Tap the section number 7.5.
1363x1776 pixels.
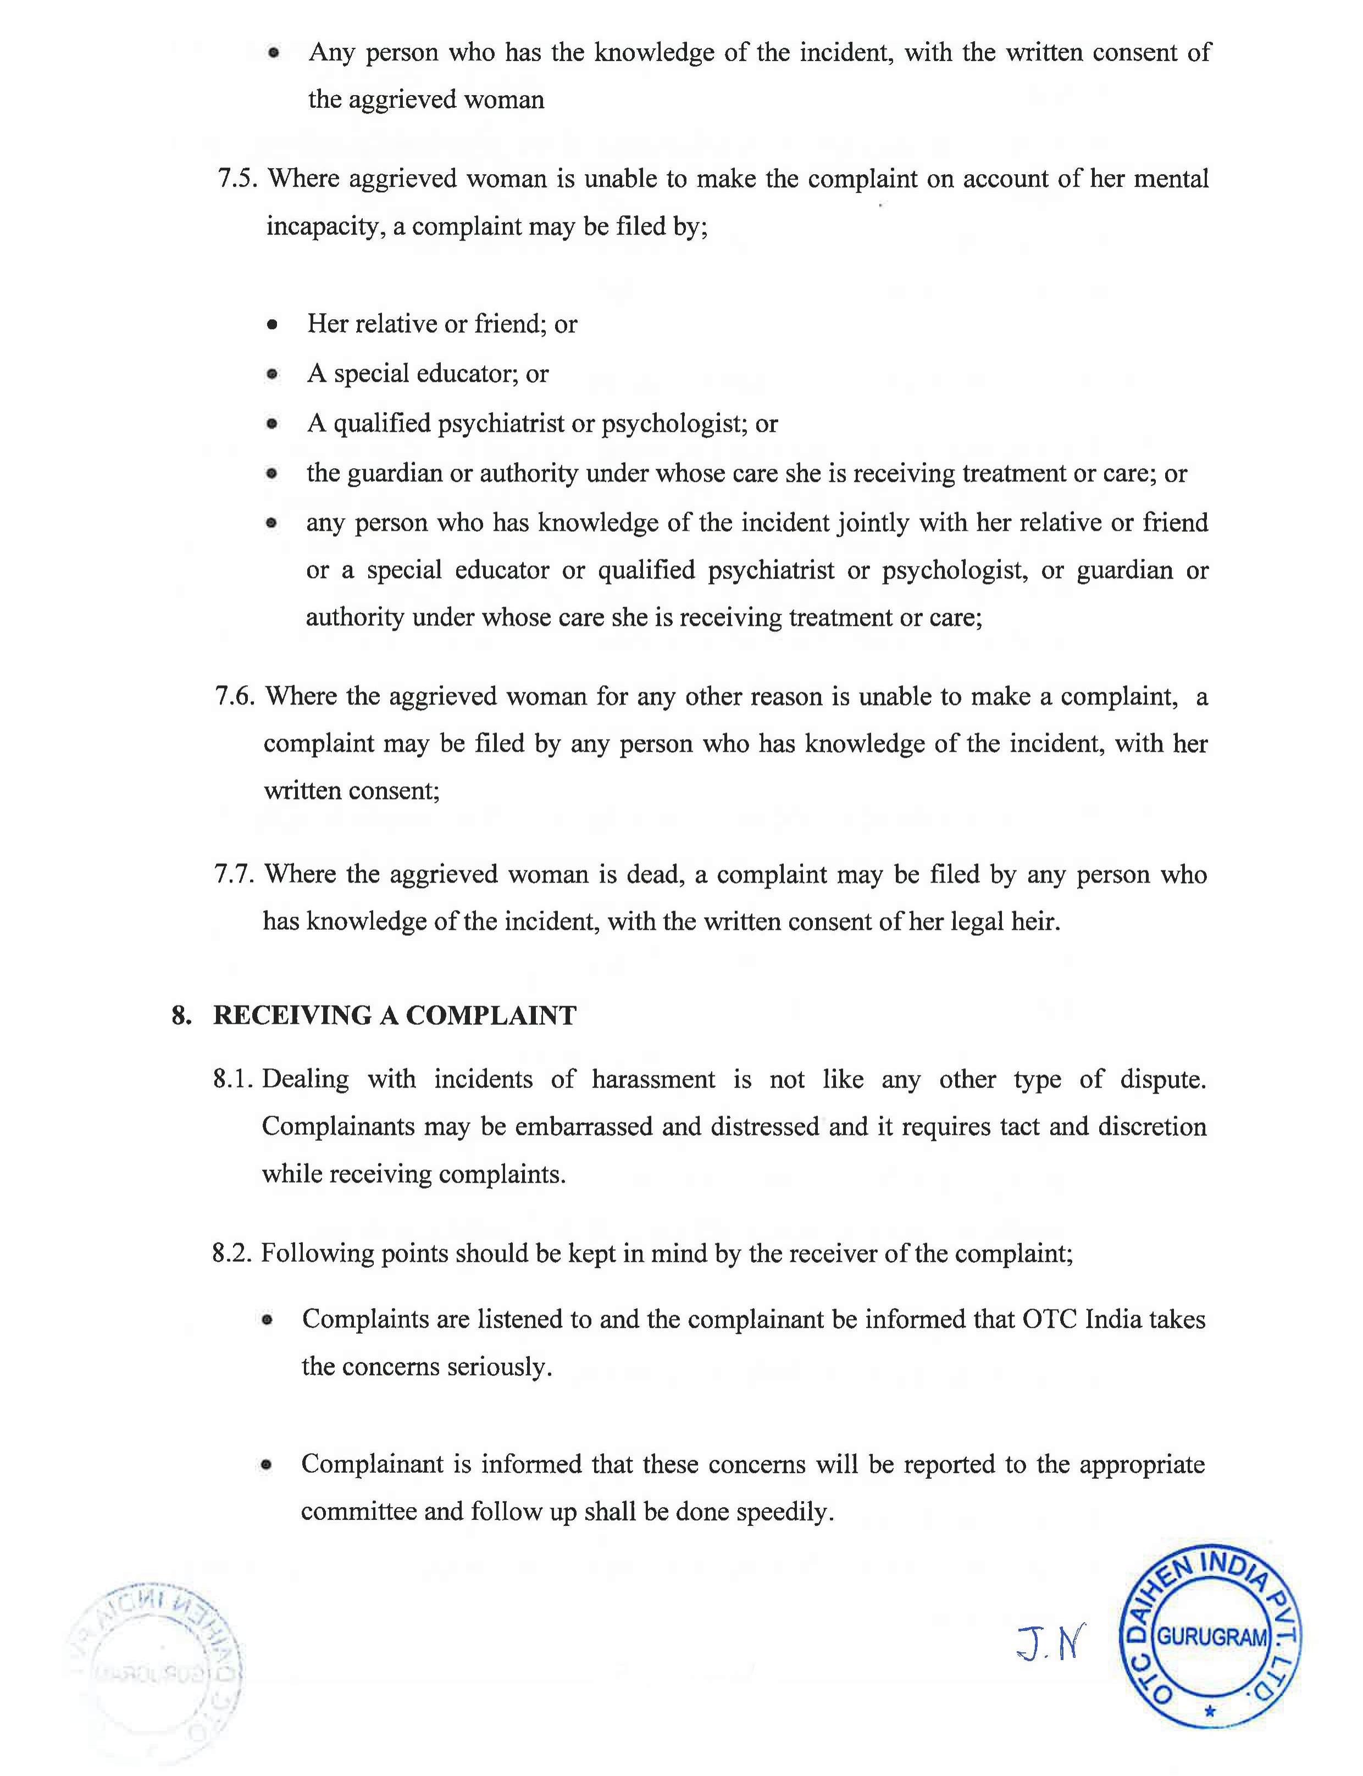[237, 179]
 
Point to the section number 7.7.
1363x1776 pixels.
[235, 874]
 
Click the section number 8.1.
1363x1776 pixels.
[234, 1079]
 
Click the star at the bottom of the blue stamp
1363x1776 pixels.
[1210, 1712]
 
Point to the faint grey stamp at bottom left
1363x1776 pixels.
[154, 1670]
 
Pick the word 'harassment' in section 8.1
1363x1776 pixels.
[653, 1079]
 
